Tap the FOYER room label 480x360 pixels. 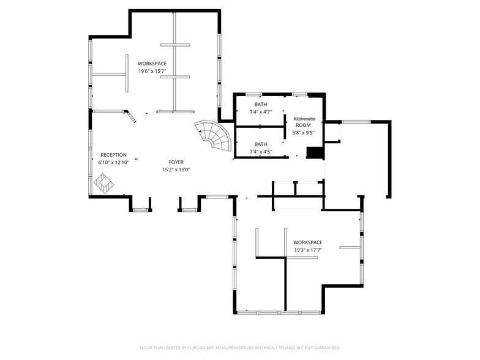click(x=176, y=162)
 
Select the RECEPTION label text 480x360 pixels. click(x=113, y=155)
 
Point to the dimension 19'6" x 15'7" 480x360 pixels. click(x=152, y=71)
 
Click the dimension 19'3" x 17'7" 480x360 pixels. click(x=307, y=250)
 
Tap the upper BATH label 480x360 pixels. click(x=261, y=105)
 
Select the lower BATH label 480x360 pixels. click(x=261, y=144)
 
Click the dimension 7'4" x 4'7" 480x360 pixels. click(x=261, y=112)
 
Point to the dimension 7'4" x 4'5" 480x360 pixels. click(x=261, y=151)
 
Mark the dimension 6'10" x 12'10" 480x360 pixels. click(x=113, y=163)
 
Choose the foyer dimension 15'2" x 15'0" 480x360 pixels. click(x=176, y=170)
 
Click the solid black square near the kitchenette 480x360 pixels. click(x=314, y=152)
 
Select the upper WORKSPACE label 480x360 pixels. click(x=152, y=63)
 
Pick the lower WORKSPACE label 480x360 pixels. click(x=307, y=242)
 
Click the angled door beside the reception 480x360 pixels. click(x=130, y=116)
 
